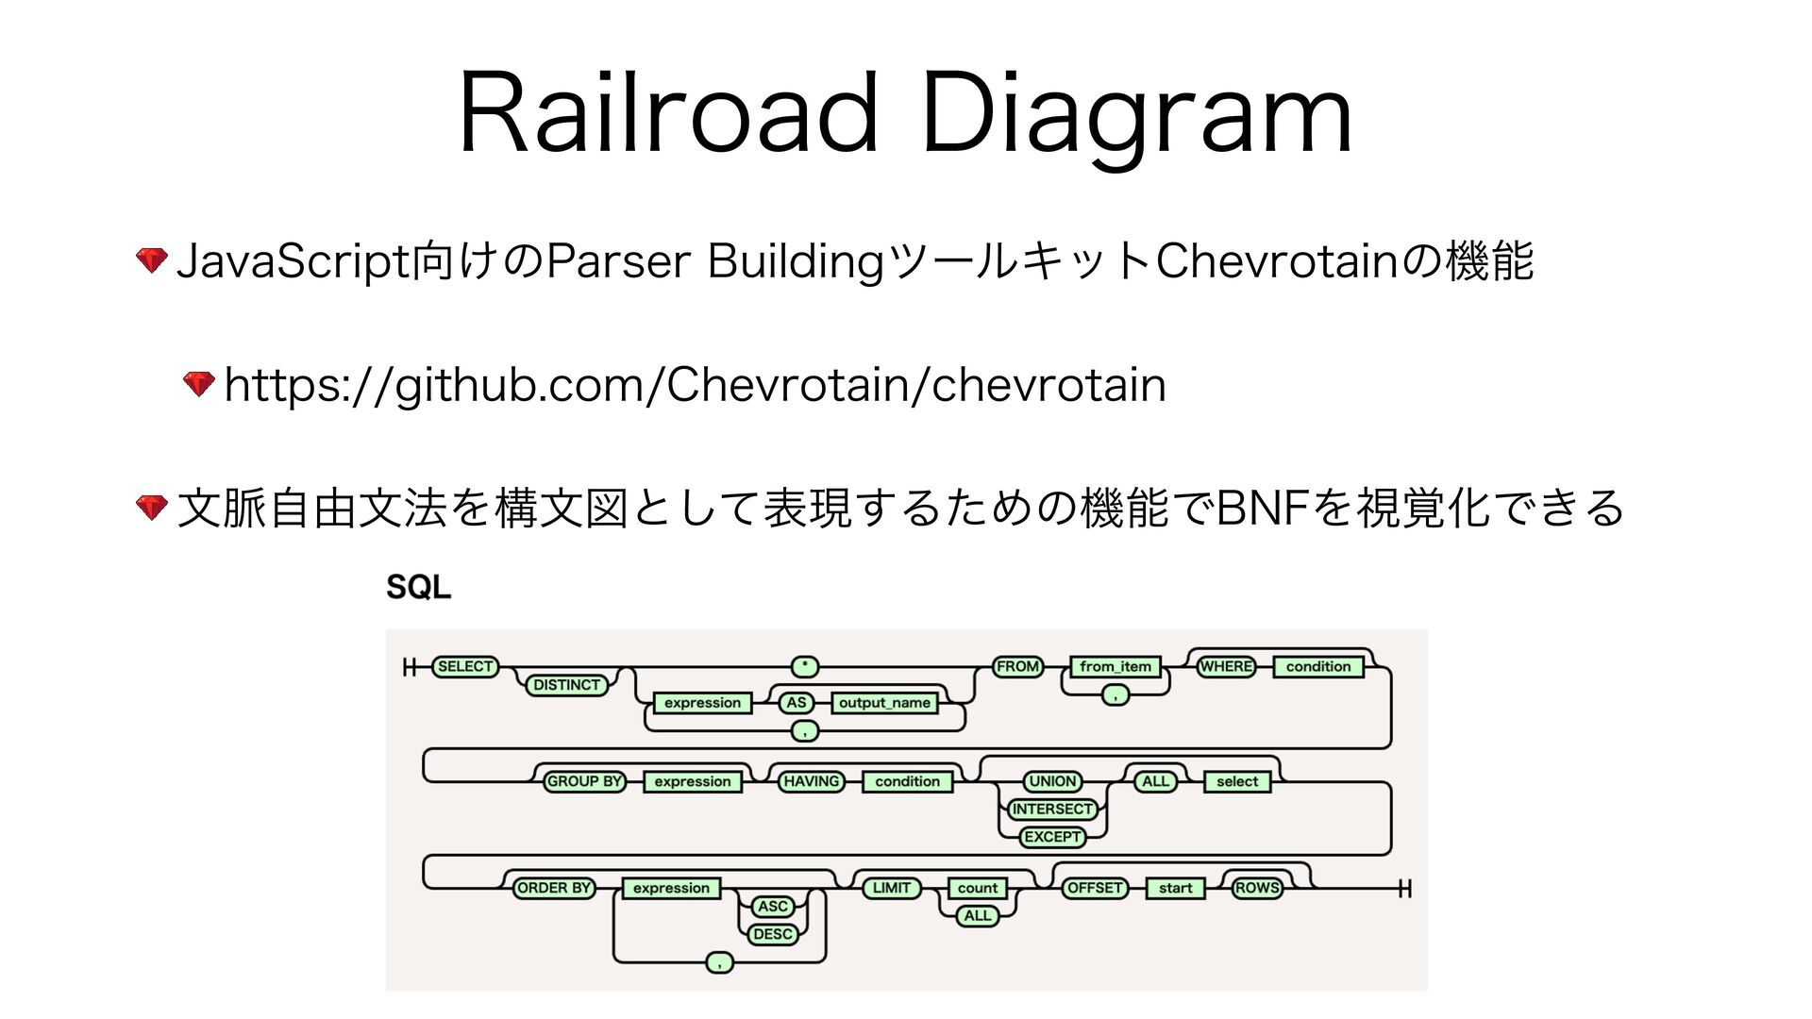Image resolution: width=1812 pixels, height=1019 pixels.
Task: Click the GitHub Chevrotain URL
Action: coord(696,385)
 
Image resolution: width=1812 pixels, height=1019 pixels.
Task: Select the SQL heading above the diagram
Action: coord(418,587)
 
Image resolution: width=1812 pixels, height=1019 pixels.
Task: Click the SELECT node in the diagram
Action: coord(464,667)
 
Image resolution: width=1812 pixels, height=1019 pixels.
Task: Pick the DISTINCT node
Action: coord(566,685)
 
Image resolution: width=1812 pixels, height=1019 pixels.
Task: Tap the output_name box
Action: coord(884,703)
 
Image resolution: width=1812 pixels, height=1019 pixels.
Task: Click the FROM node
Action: coord(1017,667)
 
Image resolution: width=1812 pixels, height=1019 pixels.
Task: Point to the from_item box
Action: coord(1116,667)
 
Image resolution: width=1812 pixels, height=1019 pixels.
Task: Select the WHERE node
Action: coord(1226,667)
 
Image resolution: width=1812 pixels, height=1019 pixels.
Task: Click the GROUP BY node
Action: coord(584,781)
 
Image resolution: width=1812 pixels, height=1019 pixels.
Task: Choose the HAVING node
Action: coord(811,781)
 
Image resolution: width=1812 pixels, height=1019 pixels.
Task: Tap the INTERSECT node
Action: coord(1051,810)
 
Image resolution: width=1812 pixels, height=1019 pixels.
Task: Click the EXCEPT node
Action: coord(1052,837)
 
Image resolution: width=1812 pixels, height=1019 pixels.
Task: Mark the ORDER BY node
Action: coord(554,888)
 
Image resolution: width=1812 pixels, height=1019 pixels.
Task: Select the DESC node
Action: coord(773,934)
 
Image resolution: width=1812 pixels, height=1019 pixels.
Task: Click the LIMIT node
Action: coord(891,888)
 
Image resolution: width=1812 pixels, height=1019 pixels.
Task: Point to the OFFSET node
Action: coord(1095,888)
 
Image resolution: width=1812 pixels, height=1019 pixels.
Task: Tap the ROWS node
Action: coord(1257,888)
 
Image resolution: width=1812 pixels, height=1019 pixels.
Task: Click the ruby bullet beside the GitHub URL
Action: coord(199,384)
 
